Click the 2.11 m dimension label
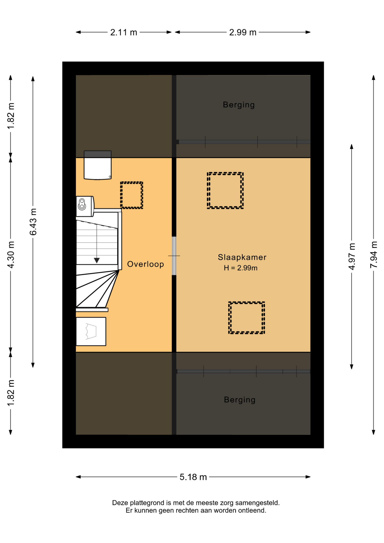124,33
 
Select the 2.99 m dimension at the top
243,33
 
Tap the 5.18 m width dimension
193,477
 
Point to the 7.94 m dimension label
374,255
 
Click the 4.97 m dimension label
352,256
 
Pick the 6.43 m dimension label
33,222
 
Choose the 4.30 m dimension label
11,255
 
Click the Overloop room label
146,264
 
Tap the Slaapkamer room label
242,257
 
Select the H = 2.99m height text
241,268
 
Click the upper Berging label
239,105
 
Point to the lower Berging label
240,400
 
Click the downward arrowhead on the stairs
97,260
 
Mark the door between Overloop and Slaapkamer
174,256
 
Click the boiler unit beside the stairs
85,206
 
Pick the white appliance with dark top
98,165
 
